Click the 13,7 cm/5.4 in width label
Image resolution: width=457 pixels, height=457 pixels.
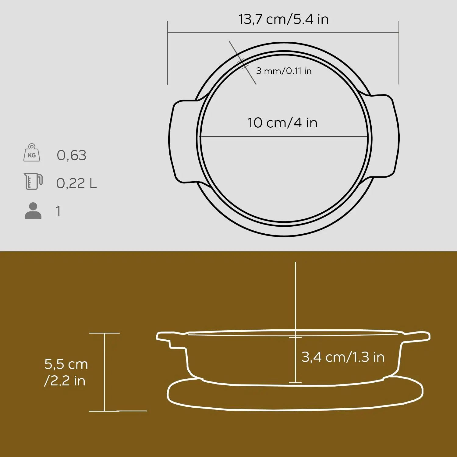tap(283, 19)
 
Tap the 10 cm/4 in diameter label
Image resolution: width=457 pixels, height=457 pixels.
tap(282, 123)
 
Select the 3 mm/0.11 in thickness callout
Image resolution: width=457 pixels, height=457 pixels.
tap(284, 71)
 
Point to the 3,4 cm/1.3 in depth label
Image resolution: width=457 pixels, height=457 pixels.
tap(343, 357)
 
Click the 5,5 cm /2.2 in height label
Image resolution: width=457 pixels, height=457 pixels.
tap(66, 372)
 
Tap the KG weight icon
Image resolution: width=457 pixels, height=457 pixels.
tap(32, 153)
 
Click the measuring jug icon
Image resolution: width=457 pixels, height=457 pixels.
tap(33, 181)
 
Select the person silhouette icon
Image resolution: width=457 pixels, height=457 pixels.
tap(33, 211)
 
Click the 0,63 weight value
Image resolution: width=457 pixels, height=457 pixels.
tap(71, 155)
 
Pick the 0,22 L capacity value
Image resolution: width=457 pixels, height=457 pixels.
tap(76, 183)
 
